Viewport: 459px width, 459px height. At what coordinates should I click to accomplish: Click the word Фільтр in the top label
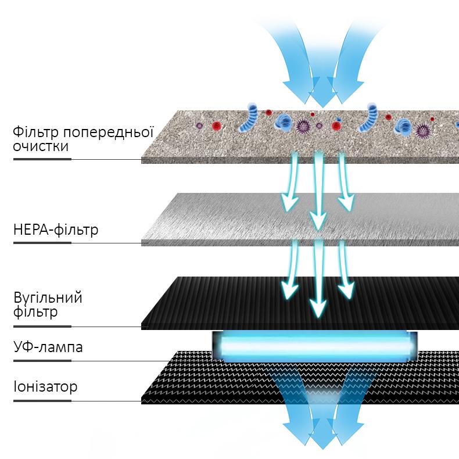tap(35, 132)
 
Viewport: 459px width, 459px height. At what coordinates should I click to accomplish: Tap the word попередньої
tap(108, 132)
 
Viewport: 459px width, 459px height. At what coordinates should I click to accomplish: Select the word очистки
tap(41, 146)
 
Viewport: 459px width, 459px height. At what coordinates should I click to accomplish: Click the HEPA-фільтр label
tap(56, 230)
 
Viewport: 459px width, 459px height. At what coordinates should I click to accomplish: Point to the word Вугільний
tap(48, 298)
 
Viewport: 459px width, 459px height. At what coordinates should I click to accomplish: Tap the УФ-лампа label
tap(48, 347)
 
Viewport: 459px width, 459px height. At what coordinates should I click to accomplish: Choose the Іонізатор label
tap(45, 387)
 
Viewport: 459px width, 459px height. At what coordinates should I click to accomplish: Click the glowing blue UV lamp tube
tap(315, 347)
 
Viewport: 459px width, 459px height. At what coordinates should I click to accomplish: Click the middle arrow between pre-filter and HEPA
tap(318, 190)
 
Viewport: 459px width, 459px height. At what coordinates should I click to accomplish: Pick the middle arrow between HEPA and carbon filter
tap(318, 278)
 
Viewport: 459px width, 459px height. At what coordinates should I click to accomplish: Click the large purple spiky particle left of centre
tap(303, 126)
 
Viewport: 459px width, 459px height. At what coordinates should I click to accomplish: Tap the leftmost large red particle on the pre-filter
tap(217, 125)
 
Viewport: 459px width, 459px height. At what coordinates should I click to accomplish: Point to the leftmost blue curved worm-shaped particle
tap(249, 118)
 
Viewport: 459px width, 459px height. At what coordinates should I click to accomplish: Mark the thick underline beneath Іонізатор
tap(42, 401)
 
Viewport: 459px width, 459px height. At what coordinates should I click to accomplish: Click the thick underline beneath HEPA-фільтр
tap(42, 243)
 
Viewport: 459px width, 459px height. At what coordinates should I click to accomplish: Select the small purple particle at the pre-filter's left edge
tap(199, 126)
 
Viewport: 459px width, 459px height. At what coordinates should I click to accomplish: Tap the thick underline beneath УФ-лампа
tap(42, 361)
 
